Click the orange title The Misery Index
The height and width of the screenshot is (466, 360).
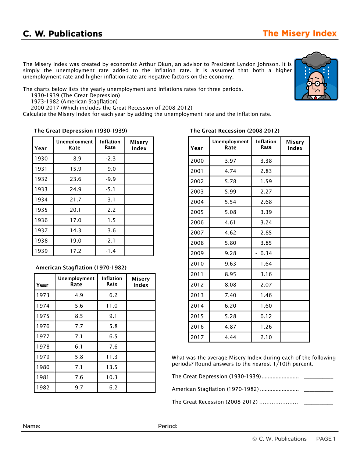(299, 33)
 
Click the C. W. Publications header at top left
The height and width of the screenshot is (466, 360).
(63, 34)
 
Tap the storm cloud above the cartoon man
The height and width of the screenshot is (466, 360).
(316, 59)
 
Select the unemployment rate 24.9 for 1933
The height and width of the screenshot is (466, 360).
(75, 190)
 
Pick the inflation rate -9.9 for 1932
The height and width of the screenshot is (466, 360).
(110, 179)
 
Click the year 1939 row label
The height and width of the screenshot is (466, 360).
(41, 251)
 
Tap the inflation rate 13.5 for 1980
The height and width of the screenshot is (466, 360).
(112, 367)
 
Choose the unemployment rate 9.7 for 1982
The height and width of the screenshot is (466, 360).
(79, 388)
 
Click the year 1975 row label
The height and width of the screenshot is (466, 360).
(43, 316)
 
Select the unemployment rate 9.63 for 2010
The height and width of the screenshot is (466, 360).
(230, 264)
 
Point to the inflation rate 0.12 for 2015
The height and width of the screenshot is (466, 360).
(266, 317)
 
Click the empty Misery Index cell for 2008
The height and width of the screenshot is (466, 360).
(295, 243)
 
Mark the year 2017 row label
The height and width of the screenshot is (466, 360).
(197, 338)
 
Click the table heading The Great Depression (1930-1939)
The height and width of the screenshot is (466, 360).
(81, 131)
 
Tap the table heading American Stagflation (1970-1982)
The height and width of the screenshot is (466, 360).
(81, 268)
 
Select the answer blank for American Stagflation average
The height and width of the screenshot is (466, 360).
(318, 389)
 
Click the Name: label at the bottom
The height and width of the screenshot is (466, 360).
(32, 426)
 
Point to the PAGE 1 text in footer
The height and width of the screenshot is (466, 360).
(326, 439)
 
